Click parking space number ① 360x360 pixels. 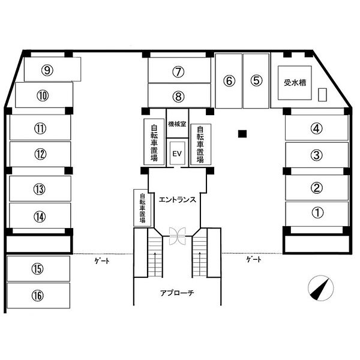317,212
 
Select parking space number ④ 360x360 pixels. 317,127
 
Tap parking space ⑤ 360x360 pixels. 256,80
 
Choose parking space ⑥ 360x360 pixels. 229,80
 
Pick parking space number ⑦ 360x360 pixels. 178,71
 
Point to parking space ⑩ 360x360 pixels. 43,95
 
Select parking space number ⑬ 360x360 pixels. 40,189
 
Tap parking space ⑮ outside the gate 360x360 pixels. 38,269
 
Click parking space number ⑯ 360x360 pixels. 38,295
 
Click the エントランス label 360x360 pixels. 178,200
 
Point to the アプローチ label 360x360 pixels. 177,293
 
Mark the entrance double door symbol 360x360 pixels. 178,236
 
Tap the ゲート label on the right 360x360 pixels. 253,259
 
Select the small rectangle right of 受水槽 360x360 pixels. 323,95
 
